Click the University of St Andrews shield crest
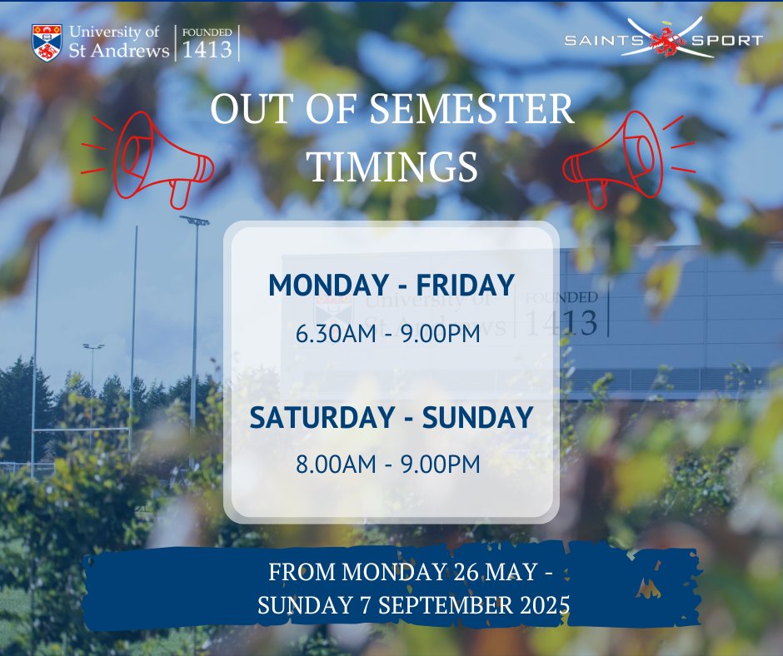tap(47, 42)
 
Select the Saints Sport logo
tap(663, 40)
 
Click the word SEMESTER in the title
tap(471, 111)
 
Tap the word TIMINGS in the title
tap(393, 166)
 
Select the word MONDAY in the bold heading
tap(323, 286)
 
